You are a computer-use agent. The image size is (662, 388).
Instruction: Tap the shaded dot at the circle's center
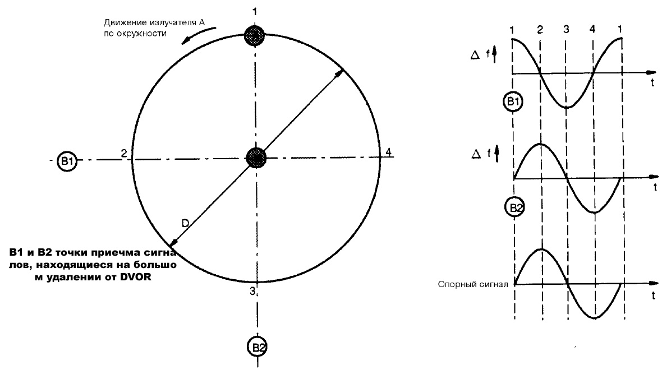(x=256, y=158)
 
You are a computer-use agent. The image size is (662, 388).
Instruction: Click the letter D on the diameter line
(x=186, y=223)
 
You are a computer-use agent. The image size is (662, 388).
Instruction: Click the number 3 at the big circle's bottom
(x=252, y=290)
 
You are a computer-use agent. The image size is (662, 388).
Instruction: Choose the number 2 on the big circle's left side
(x=125, y=153)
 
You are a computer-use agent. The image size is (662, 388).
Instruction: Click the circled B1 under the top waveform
(x=513, y=102)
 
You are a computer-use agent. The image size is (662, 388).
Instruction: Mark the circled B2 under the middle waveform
(x=514, y=207)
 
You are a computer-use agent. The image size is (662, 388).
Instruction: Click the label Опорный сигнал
(x=473, y=284)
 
